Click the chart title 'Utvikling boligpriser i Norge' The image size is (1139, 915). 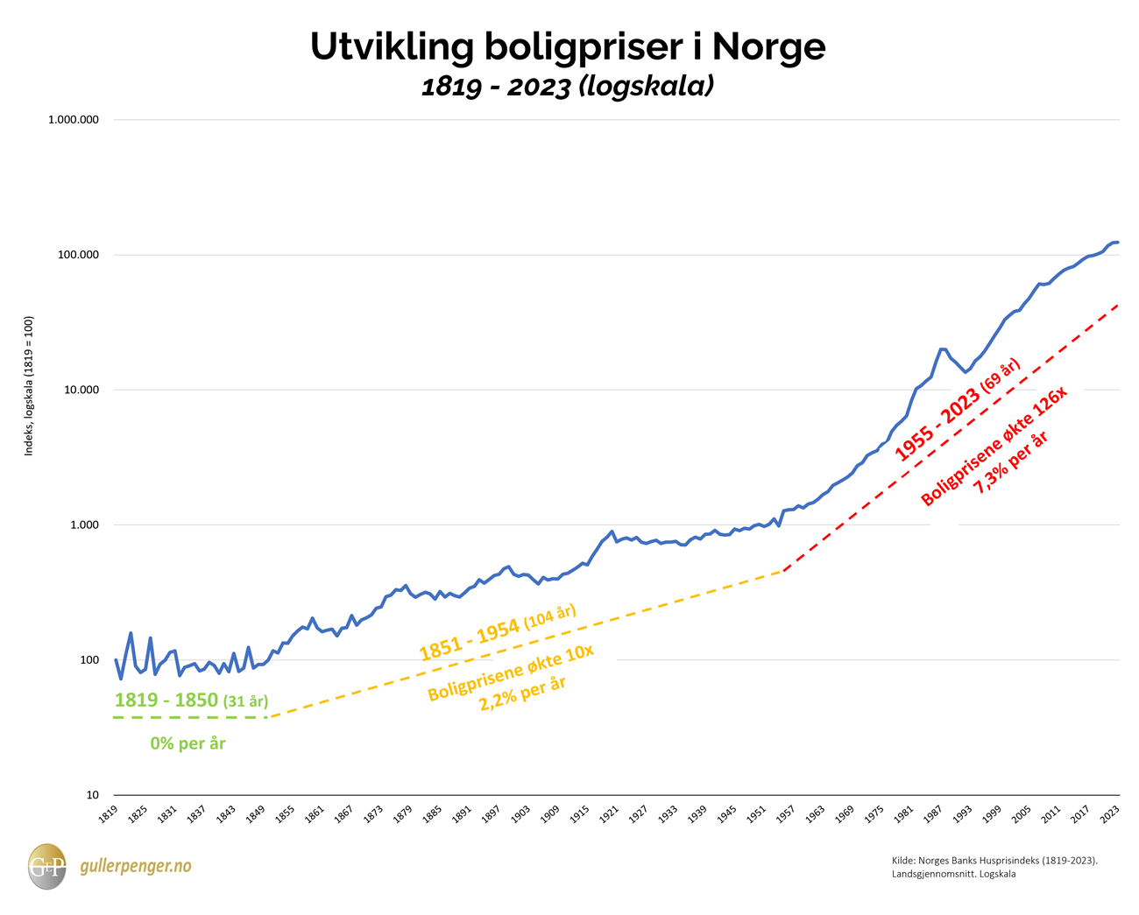(x=568, y=47)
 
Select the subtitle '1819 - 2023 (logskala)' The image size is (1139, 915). (x=568, y=87)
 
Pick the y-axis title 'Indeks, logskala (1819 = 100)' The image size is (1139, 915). (x=30, y=386)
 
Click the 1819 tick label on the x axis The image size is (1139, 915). (x=107, y=814)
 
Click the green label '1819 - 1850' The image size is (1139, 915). (x=166, y=700)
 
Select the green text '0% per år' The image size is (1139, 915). (x=187, y=743)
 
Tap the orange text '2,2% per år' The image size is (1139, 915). (x=522, y=693)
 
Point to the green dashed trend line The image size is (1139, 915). (x=189, y=718)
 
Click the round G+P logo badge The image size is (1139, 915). (x=46, y=866)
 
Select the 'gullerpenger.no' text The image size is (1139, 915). (x=135, y=866)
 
